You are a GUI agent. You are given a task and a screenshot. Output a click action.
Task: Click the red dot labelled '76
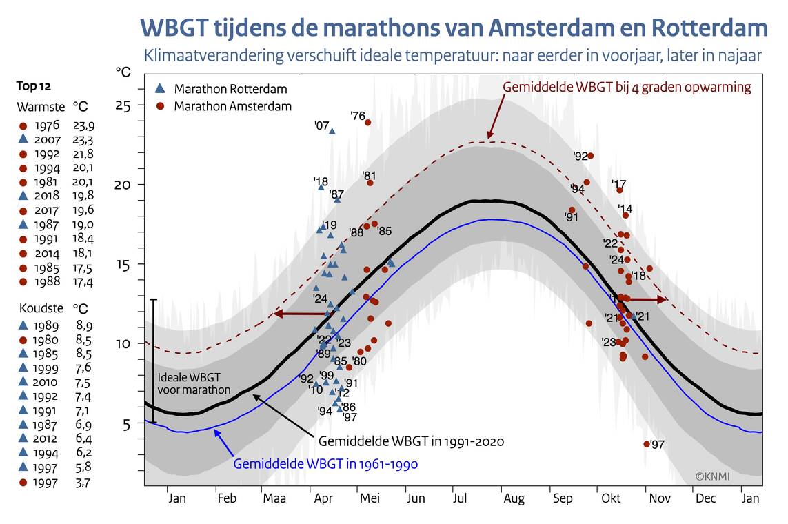coord(367,123)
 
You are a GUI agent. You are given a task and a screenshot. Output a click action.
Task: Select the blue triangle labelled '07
coord(332,130)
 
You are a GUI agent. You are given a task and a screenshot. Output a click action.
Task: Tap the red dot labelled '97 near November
coord(646,444)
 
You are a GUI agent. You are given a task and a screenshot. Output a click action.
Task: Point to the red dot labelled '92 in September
coord(590,156)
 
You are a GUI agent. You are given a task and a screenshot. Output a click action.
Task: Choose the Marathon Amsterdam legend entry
coord(223,106)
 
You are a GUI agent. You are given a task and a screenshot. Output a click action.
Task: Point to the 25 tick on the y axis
coord(123,105)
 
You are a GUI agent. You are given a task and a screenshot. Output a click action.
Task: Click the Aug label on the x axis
coord(514,498)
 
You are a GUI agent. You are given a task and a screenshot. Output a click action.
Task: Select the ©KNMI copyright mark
coord(712,476)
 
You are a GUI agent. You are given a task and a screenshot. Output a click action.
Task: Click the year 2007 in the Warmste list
coord(46,140)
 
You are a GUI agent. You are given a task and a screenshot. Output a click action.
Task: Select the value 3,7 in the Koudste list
coord(82,482)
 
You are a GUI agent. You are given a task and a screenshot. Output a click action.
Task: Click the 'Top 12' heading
coord(34,86)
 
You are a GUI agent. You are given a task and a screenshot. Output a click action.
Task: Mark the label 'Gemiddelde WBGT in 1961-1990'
coord(325,464)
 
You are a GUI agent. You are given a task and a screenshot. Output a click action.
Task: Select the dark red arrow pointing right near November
coord(645,299)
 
